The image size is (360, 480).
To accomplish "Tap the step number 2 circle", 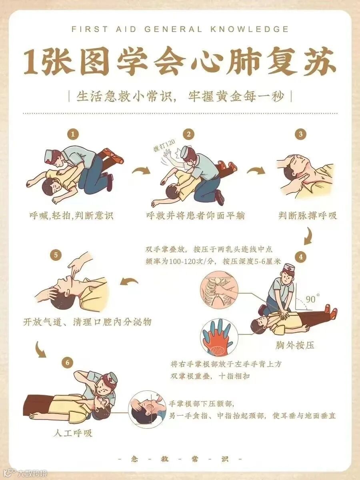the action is [x=189, y=134].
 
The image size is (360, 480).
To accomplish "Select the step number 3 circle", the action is [x=300, y=134].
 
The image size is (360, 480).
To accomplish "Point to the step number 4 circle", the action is [x=301, y=257].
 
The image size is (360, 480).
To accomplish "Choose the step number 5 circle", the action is [x=56, y=255].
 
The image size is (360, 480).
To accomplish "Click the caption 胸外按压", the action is [x=295, y=345].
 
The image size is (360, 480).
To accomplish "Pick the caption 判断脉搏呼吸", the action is [x=308, y=216].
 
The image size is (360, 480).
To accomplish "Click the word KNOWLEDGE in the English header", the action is [x=250, y=29].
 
